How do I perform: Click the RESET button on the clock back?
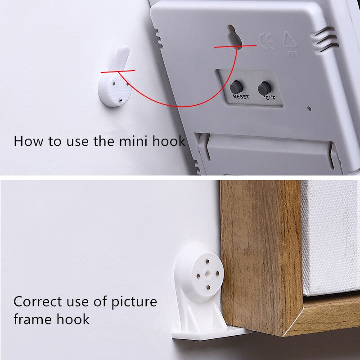click(236, 86)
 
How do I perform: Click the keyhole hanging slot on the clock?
click(233, 36)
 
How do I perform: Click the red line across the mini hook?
click(118, 71)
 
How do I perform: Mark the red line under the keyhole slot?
click(235, 45)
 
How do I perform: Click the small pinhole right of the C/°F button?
click(309, 108)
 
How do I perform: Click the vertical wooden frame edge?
click(261, 252)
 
